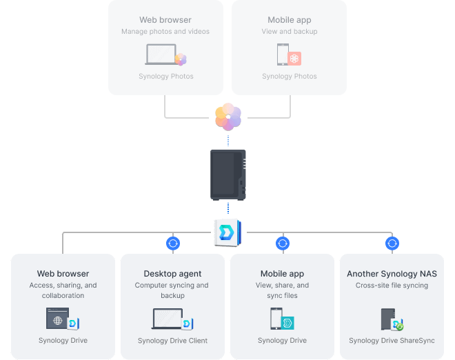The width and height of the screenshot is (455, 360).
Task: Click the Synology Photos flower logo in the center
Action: click(228, 117)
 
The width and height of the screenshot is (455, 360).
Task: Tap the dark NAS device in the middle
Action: click(228, 174)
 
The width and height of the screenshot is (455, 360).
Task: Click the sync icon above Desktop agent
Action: click(173, 243)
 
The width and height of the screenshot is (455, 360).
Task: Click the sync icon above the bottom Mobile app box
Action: click(283, 243)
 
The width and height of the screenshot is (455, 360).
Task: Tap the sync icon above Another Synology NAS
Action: click(392, 243)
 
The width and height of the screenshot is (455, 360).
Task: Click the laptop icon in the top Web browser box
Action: click(161, 55)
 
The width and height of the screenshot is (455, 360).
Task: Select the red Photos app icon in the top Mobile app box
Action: click(294, 59)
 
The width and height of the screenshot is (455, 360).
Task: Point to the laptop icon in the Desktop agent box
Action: click(167, 319)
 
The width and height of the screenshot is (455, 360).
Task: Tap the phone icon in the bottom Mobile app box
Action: click(276, 319)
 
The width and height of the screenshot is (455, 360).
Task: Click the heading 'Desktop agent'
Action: click(172, 274)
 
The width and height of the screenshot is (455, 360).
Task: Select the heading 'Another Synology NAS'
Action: click(392, 274)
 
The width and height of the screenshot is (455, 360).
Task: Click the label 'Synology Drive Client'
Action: click(172, 341)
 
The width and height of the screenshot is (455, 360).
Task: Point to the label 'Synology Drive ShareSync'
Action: click(392, 341)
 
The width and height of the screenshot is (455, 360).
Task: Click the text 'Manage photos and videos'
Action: click(165, 32)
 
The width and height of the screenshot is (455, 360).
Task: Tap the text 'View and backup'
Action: click(290, 32)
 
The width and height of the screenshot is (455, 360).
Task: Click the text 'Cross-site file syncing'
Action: click(392, 286)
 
